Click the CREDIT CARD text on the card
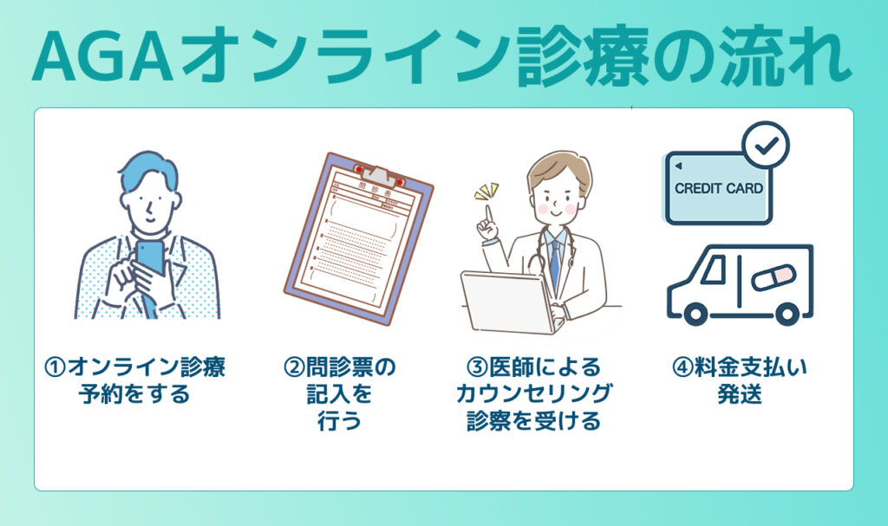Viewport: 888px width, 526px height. (719, 188)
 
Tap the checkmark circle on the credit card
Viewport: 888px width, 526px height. (767, 145)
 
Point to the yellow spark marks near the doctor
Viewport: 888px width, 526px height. (486, 190)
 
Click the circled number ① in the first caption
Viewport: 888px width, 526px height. (55, 367)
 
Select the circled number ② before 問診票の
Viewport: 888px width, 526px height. (293, 367)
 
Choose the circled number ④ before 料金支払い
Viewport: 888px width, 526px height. (682, 367)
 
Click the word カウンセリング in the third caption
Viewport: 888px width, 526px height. (533, 394)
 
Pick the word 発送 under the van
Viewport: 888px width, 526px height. (740, 394)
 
